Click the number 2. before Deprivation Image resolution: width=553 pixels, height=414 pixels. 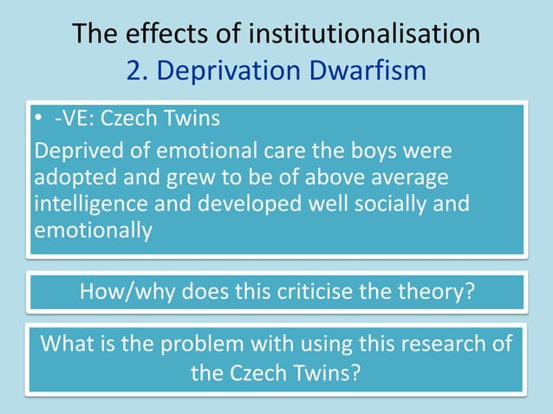[x=140, y=70]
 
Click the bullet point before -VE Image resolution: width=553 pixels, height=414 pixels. [x=38, y=117]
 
